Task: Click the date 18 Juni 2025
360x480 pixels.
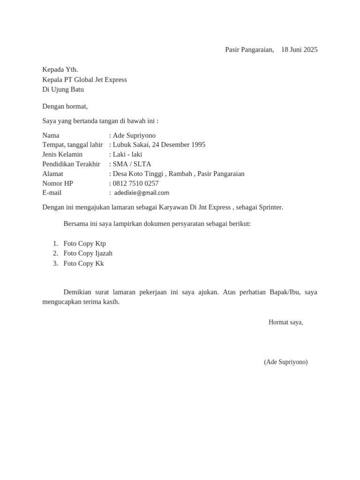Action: pos(299,50)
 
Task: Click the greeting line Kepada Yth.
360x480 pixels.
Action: pos(60,70)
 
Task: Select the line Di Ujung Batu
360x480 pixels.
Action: pos(63,90)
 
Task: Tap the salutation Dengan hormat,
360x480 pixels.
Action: pos(65,106)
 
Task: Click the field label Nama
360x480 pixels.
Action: pos(51,135)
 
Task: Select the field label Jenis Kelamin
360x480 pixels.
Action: pos(62,154)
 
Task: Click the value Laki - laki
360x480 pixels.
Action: pos(127,154)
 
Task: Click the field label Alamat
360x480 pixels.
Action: pos(52,174)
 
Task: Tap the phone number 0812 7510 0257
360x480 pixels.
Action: pos(135,183)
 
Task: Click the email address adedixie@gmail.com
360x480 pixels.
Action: pos(142,193)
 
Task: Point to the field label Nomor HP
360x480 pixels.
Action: pos(58,183)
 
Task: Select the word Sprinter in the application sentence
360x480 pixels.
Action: pos(270,207)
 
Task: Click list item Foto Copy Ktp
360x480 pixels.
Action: pos(85,243)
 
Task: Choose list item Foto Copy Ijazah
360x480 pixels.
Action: pos(88,253)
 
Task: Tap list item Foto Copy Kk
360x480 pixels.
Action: pos(84,263)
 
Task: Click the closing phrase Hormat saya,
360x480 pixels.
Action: pos(285,322)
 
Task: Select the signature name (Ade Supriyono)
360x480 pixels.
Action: pos(285,362)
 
